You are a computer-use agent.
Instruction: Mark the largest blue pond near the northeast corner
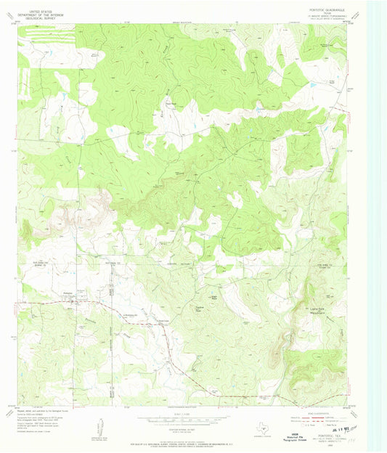(311, 85)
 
